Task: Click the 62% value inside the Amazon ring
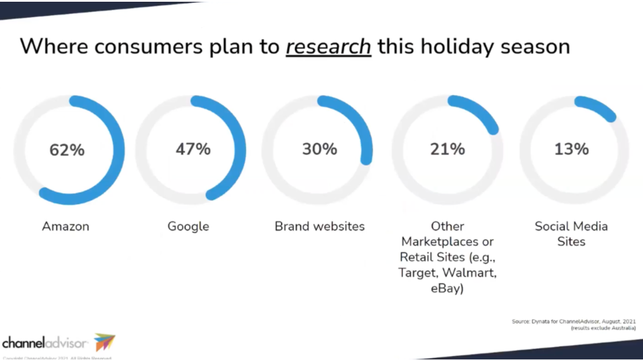[x=67, y=150]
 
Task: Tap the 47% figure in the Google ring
[x=193, y=149]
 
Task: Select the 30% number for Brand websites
[x=320, y=149]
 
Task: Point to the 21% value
[x=448, y=149]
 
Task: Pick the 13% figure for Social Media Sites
[x=571, y=149]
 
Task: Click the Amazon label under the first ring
[x=66, y=226]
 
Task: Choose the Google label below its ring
[x=188, y=226]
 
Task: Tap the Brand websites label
[x=319, y=226]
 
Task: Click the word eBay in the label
[x=447, y=288]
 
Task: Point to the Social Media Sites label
[x=571, y=233]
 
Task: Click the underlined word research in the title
[x=328, y=46]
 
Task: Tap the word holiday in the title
[x=454, y=46]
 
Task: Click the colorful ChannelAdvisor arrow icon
[x=104, y=342]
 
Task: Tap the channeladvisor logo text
[x=45, y=343]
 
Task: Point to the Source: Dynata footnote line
[x=574, y=322]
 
